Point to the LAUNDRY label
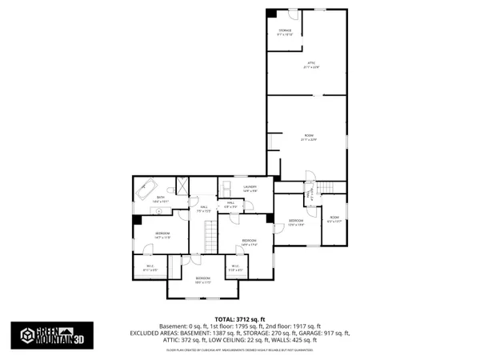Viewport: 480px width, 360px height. click(250, 188)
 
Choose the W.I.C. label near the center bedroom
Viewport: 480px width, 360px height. click(235, 268)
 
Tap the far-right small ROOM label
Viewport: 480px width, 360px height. click(334, 218)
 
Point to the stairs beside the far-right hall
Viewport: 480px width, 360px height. click(326, 187)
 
